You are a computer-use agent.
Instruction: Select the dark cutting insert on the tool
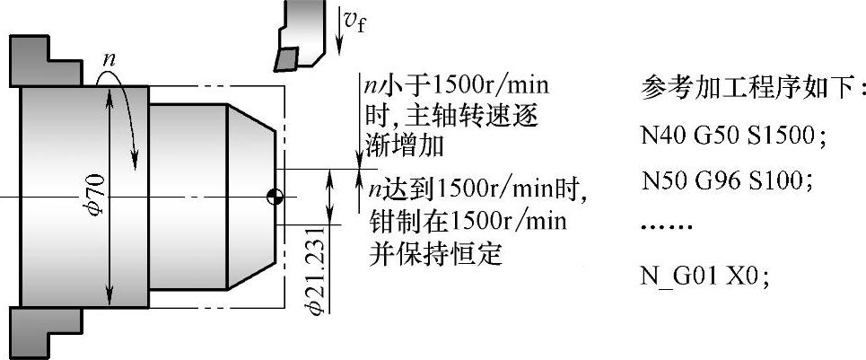pyautogui.click(x=286, y=57)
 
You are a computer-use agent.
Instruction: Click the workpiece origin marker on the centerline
pyautogui.click(x=276, y=196)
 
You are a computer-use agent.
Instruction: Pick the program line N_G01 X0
pyautogui.click(x=706, y=275)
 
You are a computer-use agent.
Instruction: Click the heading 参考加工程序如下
pyautogui.click(x=755, y=89)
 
